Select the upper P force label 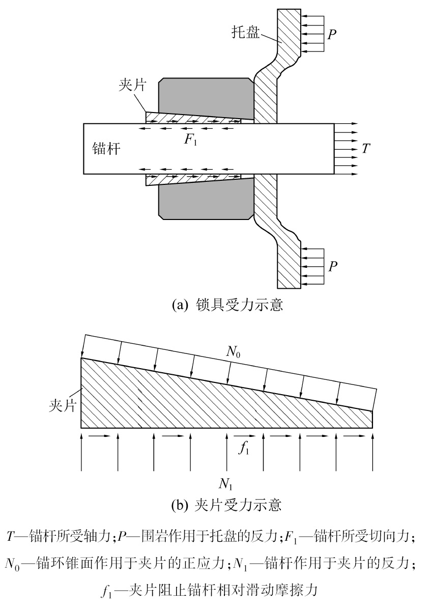[x=332, y=34]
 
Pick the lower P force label [x=332, y=266]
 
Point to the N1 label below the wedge [x=227, y=482]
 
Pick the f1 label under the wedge [x=245, y=449]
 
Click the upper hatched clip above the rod [x=198, y=117]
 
